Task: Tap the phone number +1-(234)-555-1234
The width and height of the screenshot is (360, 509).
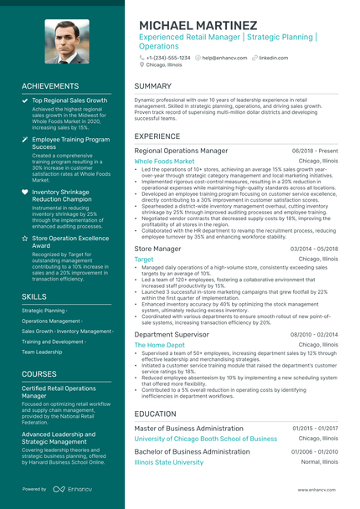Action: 167,58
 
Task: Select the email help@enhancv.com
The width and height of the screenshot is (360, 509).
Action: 224,58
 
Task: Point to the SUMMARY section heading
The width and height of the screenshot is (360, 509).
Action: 153,86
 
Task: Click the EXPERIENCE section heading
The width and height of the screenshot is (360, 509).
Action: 157,136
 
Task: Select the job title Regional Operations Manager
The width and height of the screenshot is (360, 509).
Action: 181,151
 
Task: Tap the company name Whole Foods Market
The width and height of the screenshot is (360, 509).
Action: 164,161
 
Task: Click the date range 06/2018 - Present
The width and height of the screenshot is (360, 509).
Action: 315,151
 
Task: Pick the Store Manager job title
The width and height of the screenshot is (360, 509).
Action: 157,249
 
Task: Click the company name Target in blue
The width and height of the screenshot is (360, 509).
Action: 144,260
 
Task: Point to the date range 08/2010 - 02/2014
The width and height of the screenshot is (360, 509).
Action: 315,334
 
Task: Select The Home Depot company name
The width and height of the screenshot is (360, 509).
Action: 159,345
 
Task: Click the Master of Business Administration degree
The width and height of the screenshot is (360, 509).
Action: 189,428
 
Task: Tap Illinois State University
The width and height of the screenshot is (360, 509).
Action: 168,462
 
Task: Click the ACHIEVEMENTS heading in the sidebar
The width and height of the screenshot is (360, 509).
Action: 50,86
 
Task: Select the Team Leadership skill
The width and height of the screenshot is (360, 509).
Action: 42,352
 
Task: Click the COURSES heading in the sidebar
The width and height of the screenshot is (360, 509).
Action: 39,373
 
